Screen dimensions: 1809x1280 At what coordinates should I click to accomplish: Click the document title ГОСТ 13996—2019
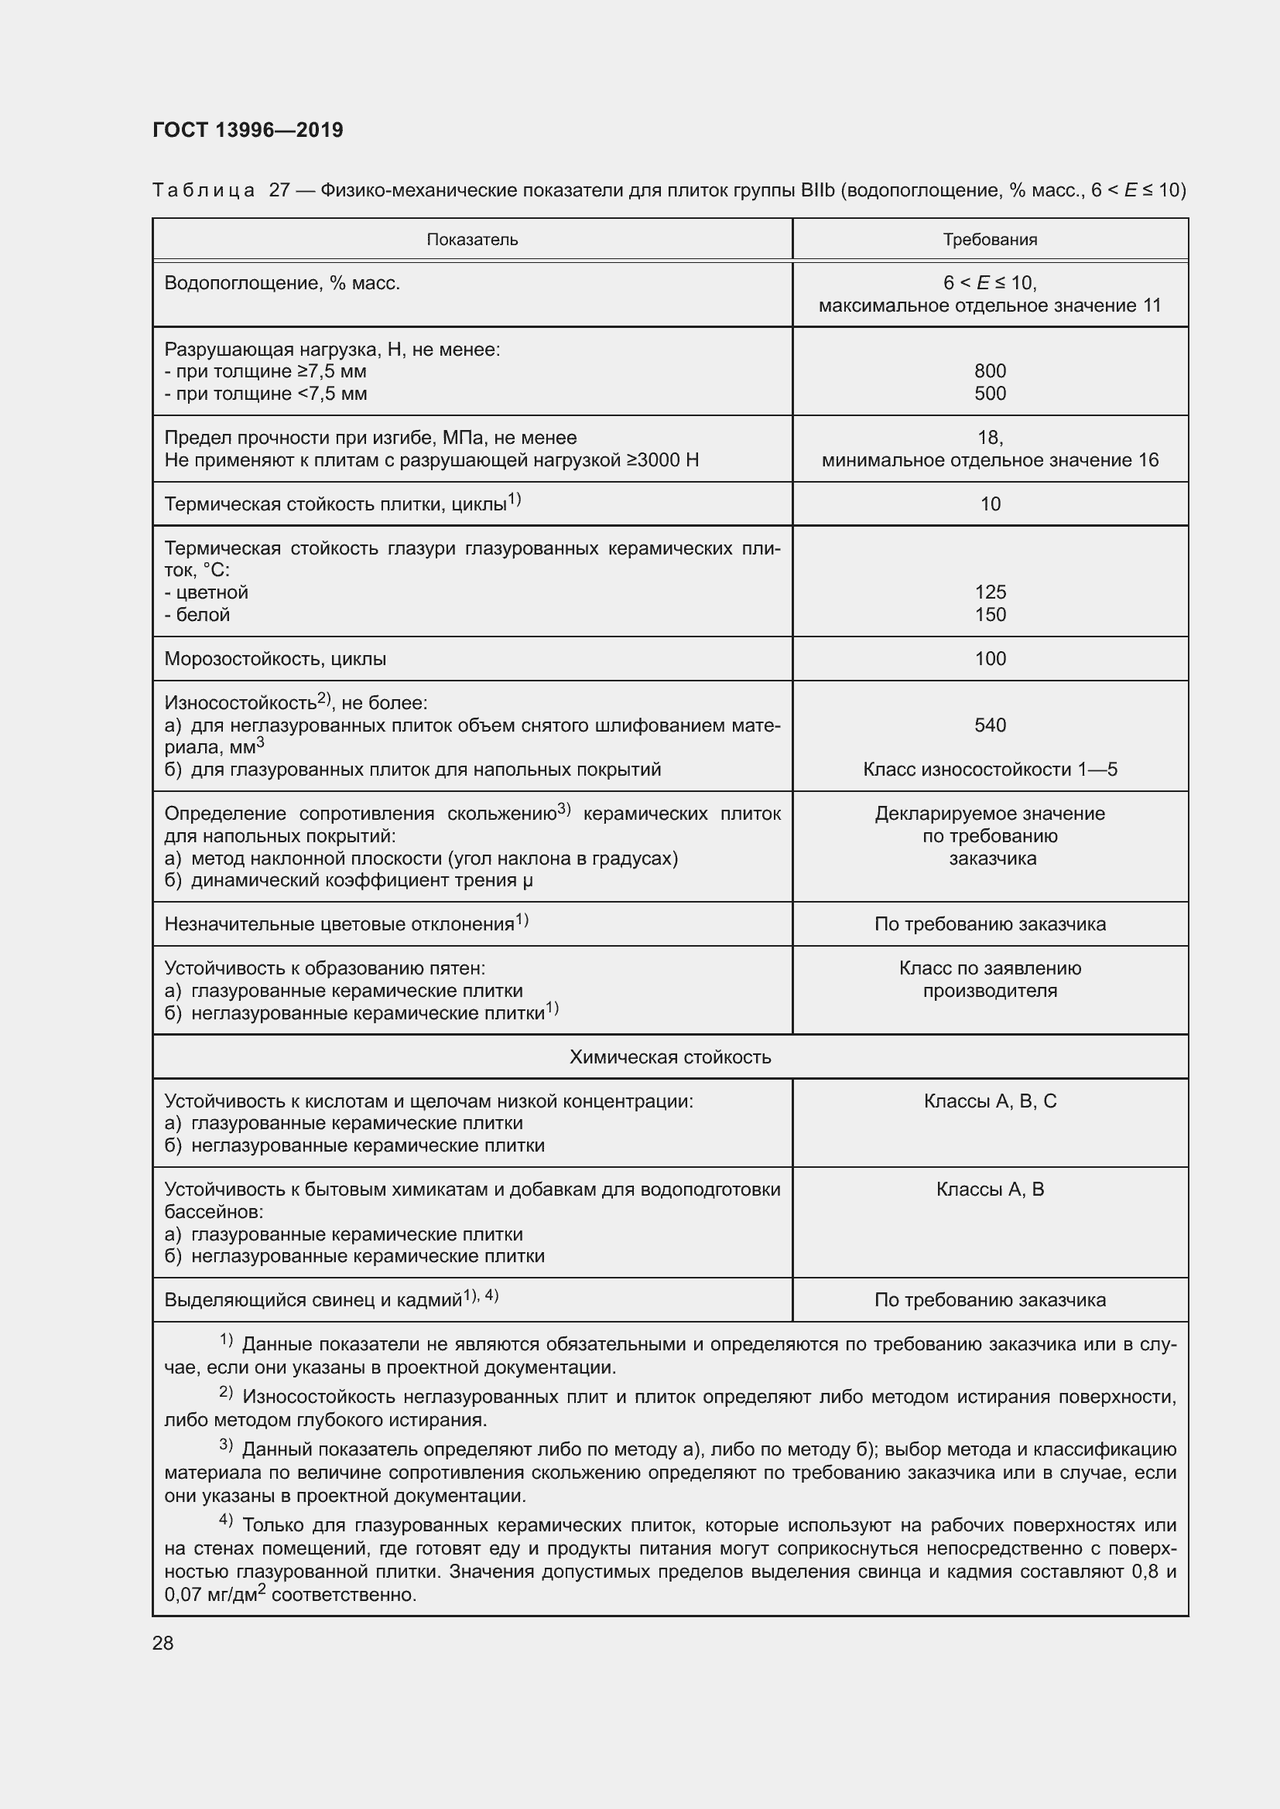[x=248, y=130]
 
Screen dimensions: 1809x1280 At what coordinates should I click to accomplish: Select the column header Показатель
[x=472, y=240]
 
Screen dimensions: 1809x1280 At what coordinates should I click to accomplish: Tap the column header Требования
[x=989, y=240]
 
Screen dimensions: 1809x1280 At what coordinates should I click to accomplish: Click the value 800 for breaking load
[x=989, y=370]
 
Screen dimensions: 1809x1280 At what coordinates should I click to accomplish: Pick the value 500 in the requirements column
[x=989, y=393]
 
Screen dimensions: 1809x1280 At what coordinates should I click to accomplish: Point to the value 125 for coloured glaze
[x=989, y=592]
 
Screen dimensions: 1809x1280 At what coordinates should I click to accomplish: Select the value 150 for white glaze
[x=989, y=615]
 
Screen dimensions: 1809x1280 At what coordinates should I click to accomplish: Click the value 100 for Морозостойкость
[x=989, y=659]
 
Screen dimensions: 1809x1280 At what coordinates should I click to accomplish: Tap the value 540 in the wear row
[x=989, y=725]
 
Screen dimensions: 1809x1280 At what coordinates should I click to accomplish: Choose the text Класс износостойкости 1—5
[x=989, y=769]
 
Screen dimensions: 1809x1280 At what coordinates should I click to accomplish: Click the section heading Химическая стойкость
[x=670, y=1056]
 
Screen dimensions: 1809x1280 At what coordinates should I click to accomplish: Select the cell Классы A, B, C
[x=989, y=1101]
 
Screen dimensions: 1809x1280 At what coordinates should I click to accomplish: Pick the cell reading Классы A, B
[x=989, y=1189]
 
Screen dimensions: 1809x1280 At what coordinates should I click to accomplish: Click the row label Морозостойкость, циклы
[x=275, y=659]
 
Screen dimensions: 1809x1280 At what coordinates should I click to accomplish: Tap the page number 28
[x=163, y=1643]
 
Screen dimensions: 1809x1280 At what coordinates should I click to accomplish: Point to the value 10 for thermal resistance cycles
[x=989, y=504]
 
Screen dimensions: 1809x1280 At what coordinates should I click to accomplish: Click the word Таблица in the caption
[x=204, y=191]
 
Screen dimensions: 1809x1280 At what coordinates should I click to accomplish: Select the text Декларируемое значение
[x=989, y=813]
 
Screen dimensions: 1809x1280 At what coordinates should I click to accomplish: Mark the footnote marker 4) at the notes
[x=225, y=1518]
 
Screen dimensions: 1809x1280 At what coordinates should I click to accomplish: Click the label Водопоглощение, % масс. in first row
[x=282, y=283]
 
